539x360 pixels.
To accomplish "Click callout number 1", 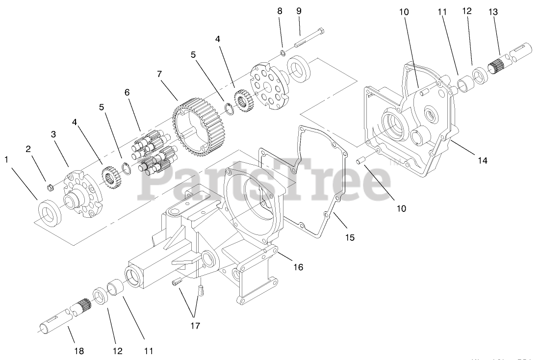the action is pos(7,159).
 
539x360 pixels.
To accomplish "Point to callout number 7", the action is pos(159,74).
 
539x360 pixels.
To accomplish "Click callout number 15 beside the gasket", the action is pos(349,237).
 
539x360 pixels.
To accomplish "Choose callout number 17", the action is pos(195,325).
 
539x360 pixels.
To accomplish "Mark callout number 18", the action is pos(79,351).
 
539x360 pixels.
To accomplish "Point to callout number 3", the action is pos(54,134).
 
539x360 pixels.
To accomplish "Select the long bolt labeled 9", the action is pos(310,41).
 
